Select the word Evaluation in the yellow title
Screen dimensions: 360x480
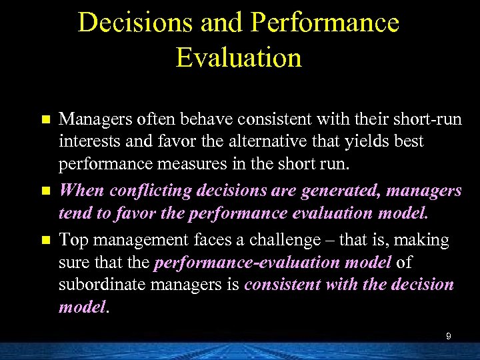[x=239, y=57]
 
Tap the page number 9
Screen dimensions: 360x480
[x=449, y=336]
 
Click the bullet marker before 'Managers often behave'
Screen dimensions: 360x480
[x=45, y=120]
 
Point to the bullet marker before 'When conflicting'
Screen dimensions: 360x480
[x=45, y=191]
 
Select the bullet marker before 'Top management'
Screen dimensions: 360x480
[x=45, y=239]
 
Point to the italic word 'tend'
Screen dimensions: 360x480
[x=73, y=214]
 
